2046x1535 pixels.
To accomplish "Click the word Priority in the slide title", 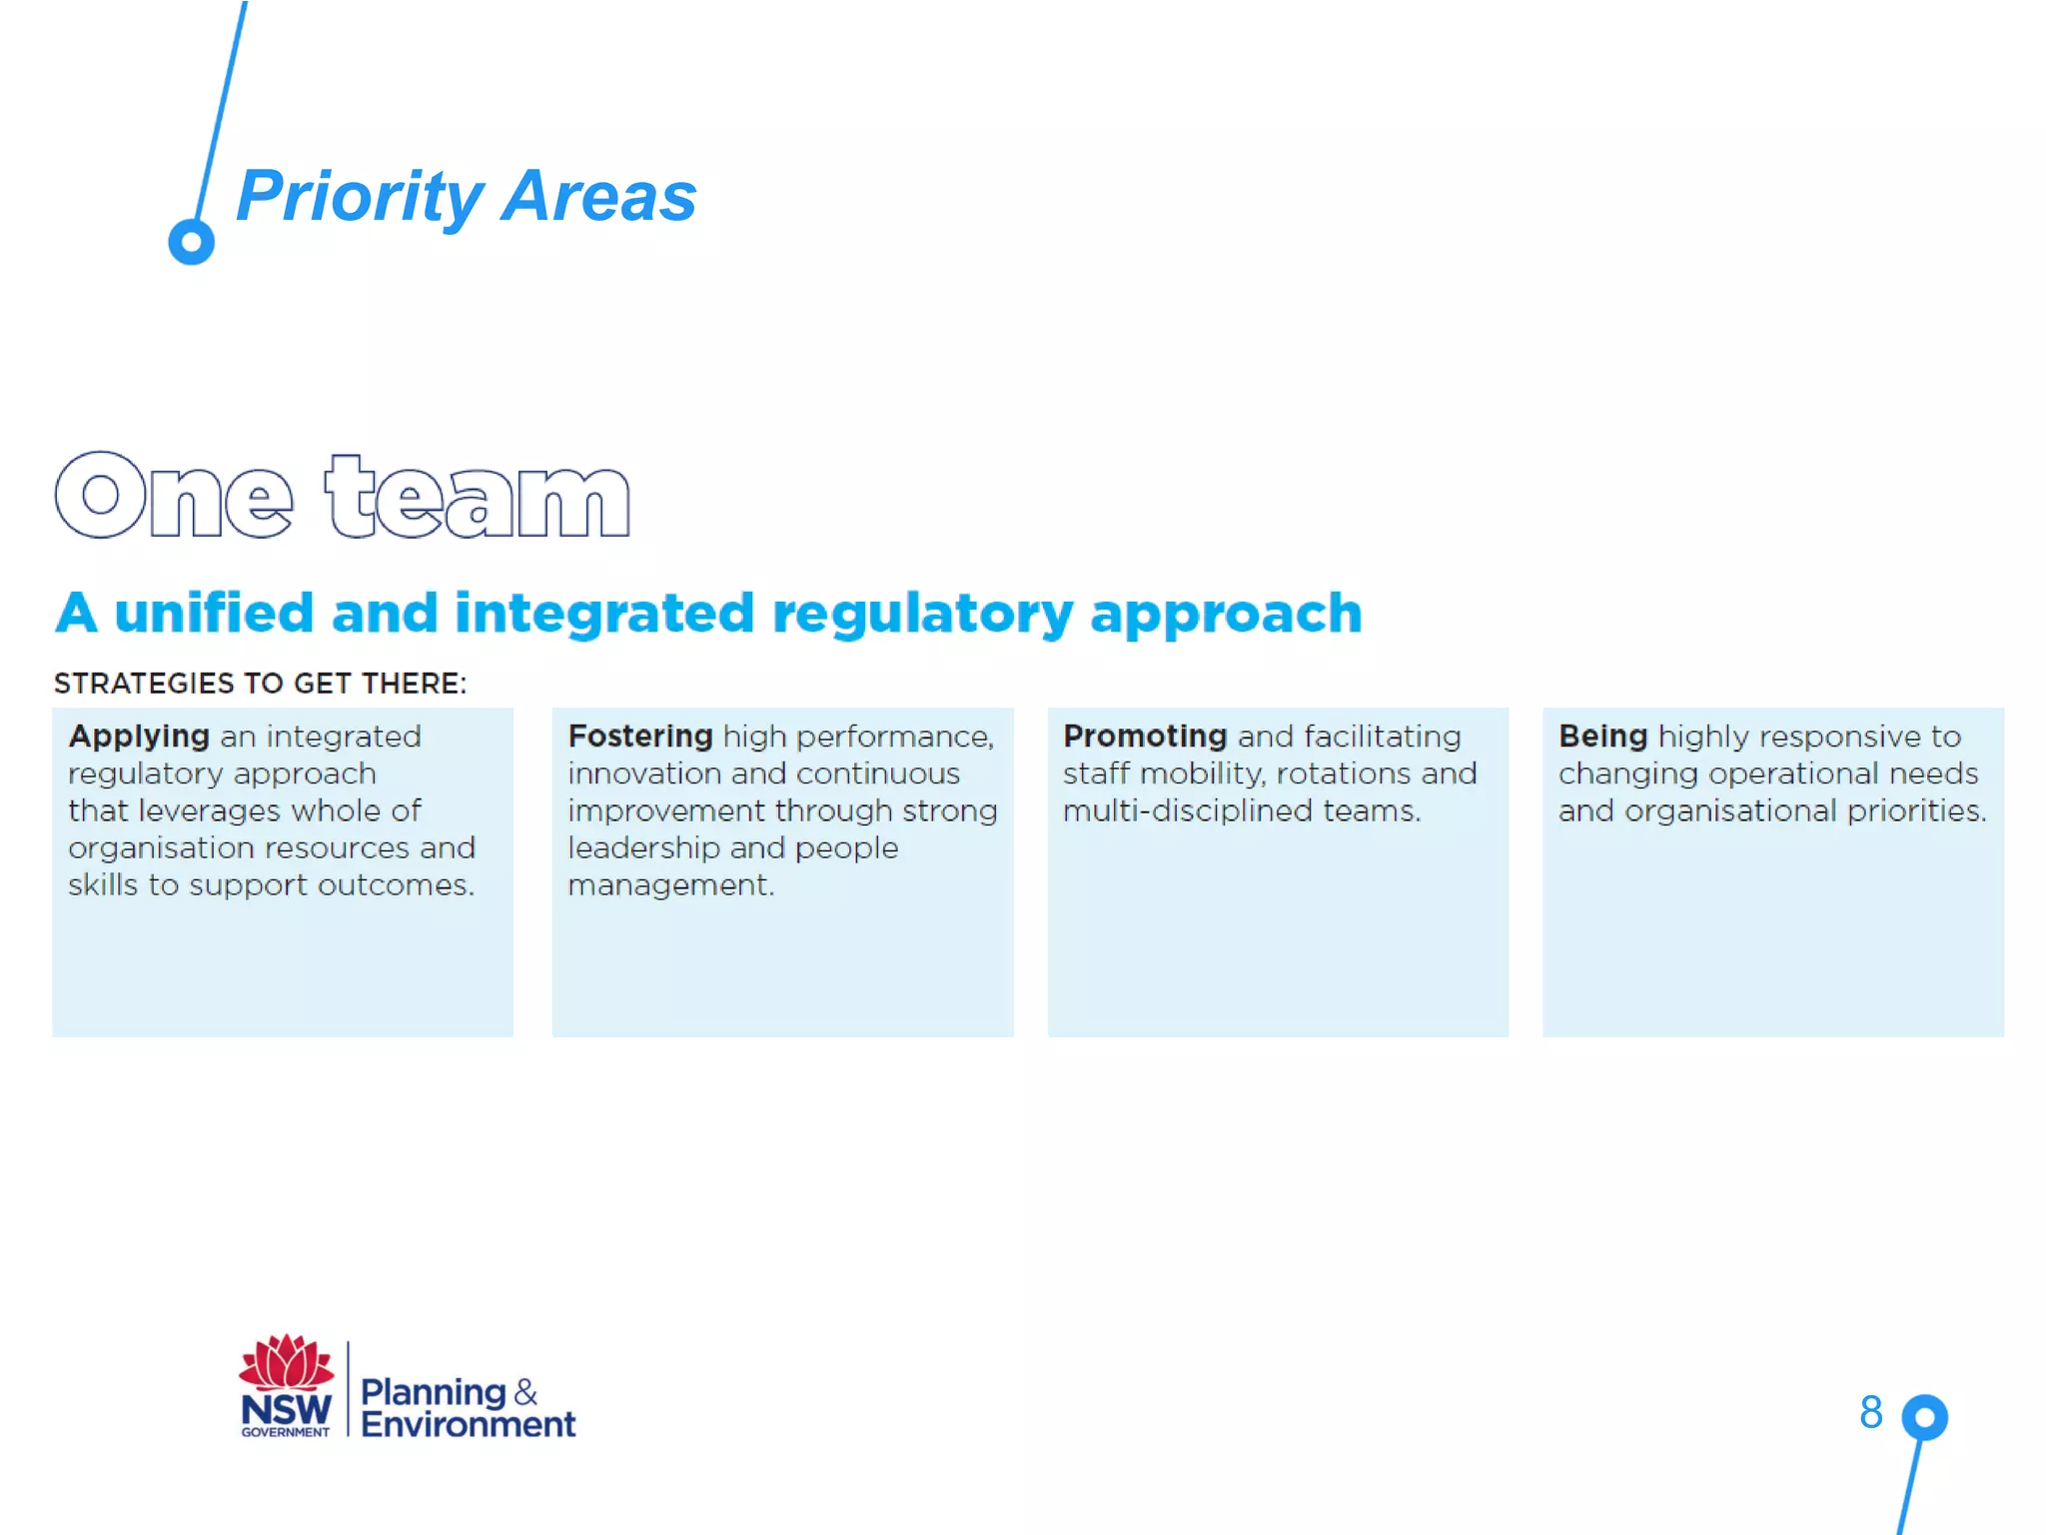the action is (360, 197).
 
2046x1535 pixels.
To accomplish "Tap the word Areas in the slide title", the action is (598, 197).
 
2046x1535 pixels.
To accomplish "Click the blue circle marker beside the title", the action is (191, 241).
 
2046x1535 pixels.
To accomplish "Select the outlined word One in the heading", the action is (174, 497).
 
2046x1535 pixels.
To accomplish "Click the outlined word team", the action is (478, 497).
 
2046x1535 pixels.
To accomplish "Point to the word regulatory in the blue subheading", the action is (922, 614).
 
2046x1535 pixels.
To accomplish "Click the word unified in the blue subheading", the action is (214, 612).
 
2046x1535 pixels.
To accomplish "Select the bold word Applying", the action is (139, 737).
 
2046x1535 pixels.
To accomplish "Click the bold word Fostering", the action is (640, 737).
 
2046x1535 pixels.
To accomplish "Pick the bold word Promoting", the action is (1145, 737).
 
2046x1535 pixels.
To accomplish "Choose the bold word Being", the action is (1602, 737).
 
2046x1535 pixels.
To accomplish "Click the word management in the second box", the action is (669, 885).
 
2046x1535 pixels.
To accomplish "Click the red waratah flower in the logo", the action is (287, 1362).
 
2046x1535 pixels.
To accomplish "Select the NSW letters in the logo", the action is (286, 1410).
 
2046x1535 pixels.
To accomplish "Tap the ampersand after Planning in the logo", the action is (525, 1391).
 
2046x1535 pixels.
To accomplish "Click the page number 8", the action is (1870, 1412).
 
